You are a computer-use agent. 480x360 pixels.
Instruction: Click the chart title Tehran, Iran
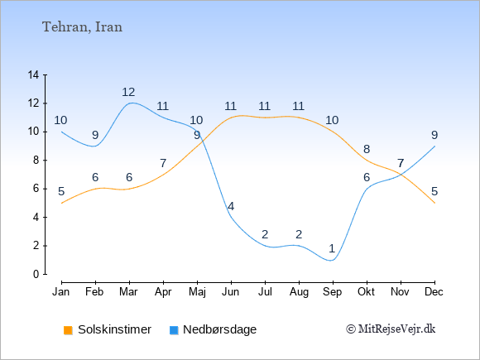[x=82, y=27]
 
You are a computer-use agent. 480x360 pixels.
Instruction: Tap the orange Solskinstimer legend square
[x=68, y=330]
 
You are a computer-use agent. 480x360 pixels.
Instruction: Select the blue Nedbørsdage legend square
[x=174, y=330]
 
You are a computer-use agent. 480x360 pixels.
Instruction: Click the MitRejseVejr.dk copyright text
[x=391, y=329]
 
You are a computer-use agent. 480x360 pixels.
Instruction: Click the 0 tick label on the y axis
[x=36, y=274]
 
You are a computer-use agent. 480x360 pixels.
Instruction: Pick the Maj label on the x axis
[x=197, y=292]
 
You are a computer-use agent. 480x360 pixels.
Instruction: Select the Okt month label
[x=367, y=292]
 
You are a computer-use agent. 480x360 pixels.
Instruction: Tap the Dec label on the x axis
[x=434, y=292]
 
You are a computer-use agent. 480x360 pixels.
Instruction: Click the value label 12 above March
[x=128, y=92]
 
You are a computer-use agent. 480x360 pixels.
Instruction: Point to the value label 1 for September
[x=332, y=248]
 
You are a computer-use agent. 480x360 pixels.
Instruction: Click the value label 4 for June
[x=231, y=206]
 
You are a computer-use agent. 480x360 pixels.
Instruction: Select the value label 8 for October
[x=367, y=149]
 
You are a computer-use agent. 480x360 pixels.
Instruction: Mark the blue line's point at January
[x=62, y=132]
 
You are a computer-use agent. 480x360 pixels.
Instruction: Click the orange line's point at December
[x=434, y=203]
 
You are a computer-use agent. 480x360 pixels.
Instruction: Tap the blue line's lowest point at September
[x=333, y=260]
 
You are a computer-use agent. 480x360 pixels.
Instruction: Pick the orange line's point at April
[x=164, y=175]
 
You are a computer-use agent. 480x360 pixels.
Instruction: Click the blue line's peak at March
[x=130, y=103]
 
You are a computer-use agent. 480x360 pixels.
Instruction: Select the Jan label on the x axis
[x=61, y=292]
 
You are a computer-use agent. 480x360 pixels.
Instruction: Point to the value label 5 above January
[x=61, y=192]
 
